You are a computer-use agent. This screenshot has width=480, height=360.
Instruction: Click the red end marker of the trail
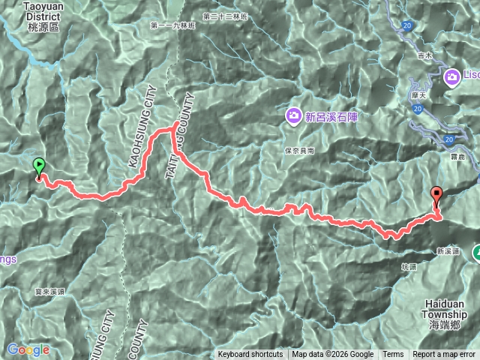pyautogui.click(x=437, y=197)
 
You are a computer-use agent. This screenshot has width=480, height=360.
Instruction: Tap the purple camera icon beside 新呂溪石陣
pyautogui.click(x=293, y=115)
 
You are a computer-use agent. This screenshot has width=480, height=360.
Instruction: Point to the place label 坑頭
pyautogui.click(x=408, y=267)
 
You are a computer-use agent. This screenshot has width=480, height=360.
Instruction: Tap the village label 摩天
pyautogui.click(x=418, y=97)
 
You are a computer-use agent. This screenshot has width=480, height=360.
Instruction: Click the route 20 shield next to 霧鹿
pyautogui.click(x=448, y=139)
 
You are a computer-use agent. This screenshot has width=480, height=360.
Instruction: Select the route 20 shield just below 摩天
pyautogui.click(x=418, y=109)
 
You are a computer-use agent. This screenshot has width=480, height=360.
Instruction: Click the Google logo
pyautogui.click(x=28, y=349)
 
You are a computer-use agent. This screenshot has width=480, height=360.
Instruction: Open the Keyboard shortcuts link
pyautogui.click(x=250, y=355)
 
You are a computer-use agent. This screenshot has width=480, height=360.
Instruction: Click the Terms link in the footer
pyautogui.click(x=393, y=355)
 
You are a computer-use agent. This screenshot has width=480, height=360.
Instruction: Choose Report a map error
pyautogui.click(x=445, y=355)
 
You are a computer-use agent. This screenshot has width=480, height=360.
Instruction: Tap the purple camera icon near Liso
pyautogui.click(x=453, y=76)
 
